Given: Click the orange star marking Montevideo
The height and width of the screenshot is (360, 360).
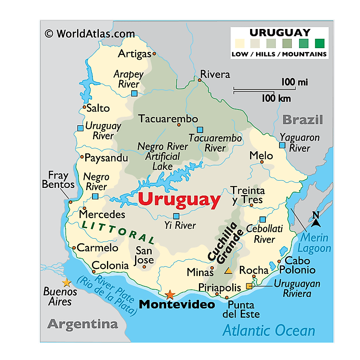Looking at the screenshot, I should (x=170, y=294).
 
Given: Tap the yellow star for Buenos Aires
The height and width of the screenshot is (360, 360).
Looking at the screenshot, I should (x=66, y=282).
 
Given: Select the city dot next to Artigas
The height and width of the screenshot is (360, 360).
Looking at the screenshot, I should (x=154, y=54).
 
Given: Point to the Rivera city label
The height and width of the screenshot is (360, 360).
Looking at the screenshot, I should (x=215, y=74).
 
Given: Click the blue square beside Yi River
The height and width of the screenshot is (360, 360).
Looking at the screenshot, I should (x=176, y=216).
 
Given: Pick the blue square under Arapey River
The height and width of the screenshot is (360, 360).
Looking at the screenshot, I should (x=134, y=93).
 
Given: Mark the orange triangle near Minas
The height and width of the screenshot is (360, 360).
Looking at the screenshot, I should (x=228, y=271).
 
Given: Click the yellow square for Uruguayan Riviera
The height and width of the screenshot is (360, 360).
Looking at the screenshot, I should (x=249, y=286).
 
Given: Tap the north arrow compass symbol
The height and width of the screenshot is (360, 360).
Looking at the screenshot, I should (x=316, y=219).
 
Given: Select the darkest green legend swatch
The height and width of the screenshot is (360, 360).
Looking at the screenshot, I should (x=320, y=43).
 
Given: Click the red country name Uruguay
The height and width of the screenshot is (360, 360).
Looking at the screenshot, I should (x=179, y=199).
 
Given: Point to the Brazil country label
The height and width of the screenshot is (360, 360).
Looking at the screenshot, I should (x=303, y=119).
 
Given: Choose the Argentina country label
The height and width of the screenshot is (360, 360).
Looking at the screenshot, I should (x=82, y=324).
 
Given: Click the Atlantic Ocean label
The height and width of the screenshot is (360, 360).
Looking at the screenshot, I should (x=269, y=330).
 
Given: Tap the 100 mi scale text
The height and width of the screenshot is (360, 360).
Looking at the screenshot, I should (x=294, y=82).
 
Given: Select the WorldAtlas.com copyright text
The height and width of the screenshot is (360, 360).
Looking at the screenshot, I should (x=89, y=34).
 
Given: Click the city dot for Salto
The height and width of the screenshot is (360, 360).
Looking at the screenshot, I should (x=84, y=107).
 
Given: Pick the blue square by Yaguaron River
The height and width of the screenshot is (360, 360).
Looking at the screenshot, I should (x=282, y=145).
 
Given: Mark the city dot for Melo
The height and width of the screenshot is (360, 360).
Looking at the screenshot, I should (x=262, y=162).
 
